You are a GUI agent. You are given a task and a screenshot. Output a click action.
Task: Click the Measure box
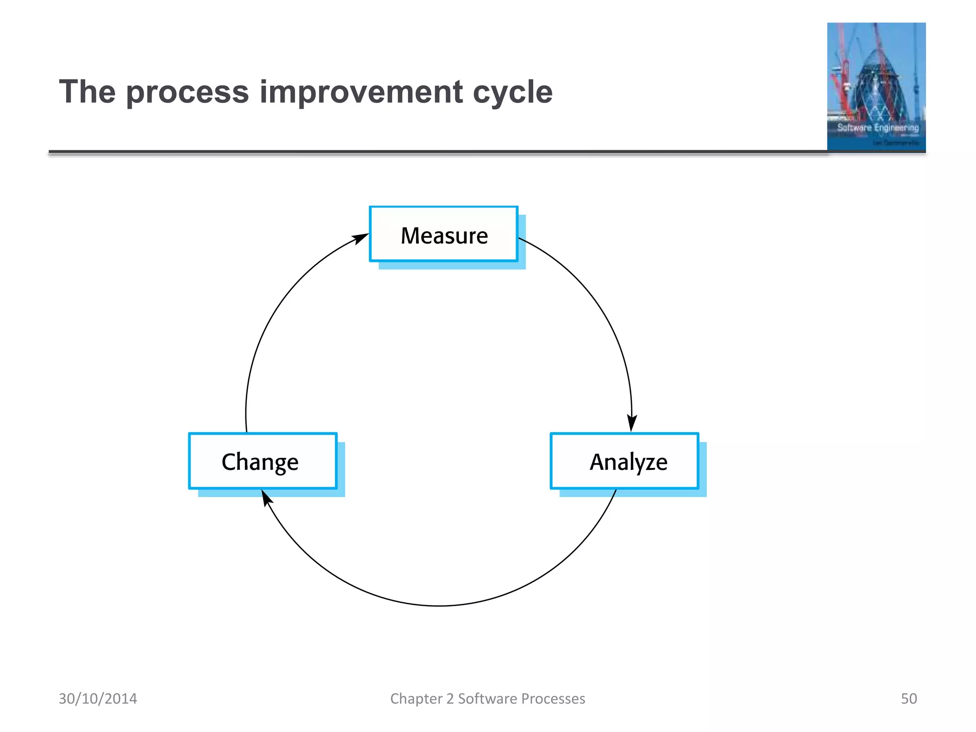444,234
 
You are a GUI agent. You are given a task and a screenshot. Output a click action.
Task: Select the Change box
263,461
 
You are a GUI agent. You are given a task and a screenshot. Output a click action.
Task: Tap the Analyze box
624,461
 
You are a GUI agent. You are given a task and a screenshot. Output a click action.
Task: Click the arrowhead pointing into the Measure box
361,238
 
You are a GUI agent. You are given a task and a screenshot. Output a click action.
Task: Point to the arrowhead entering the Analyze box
632,423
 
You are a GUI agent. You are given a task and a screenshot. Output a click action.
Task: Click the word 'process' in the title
187,92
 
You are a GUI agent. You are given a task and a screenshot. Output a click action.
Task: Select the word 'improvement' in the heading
361,92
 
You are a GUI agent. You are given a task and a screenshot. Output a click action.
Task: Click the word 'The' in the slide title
87,91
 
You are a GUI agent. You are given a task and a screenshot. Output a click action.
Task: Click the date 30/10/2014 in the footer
98,699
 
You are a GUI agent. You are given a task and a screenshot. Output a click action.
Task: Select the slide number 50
908,699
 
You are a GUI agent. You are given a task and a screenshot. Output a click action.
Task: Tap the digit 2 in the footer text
450,699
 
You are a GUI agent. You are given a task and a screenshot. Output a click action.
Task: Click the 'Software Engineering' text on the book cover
878,128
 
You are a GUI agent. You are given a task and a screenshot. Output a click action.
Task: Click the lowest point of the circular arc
439,606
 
